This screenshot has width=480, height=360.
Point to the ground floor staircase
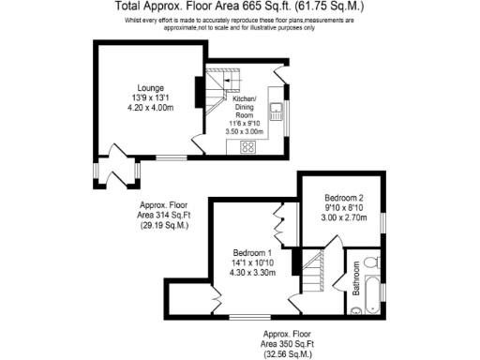point(223,88)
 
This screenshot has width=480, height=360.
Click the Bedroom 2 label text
point(343,199)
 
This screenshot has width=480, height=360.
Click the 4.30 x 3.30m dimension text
point(253,273)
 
